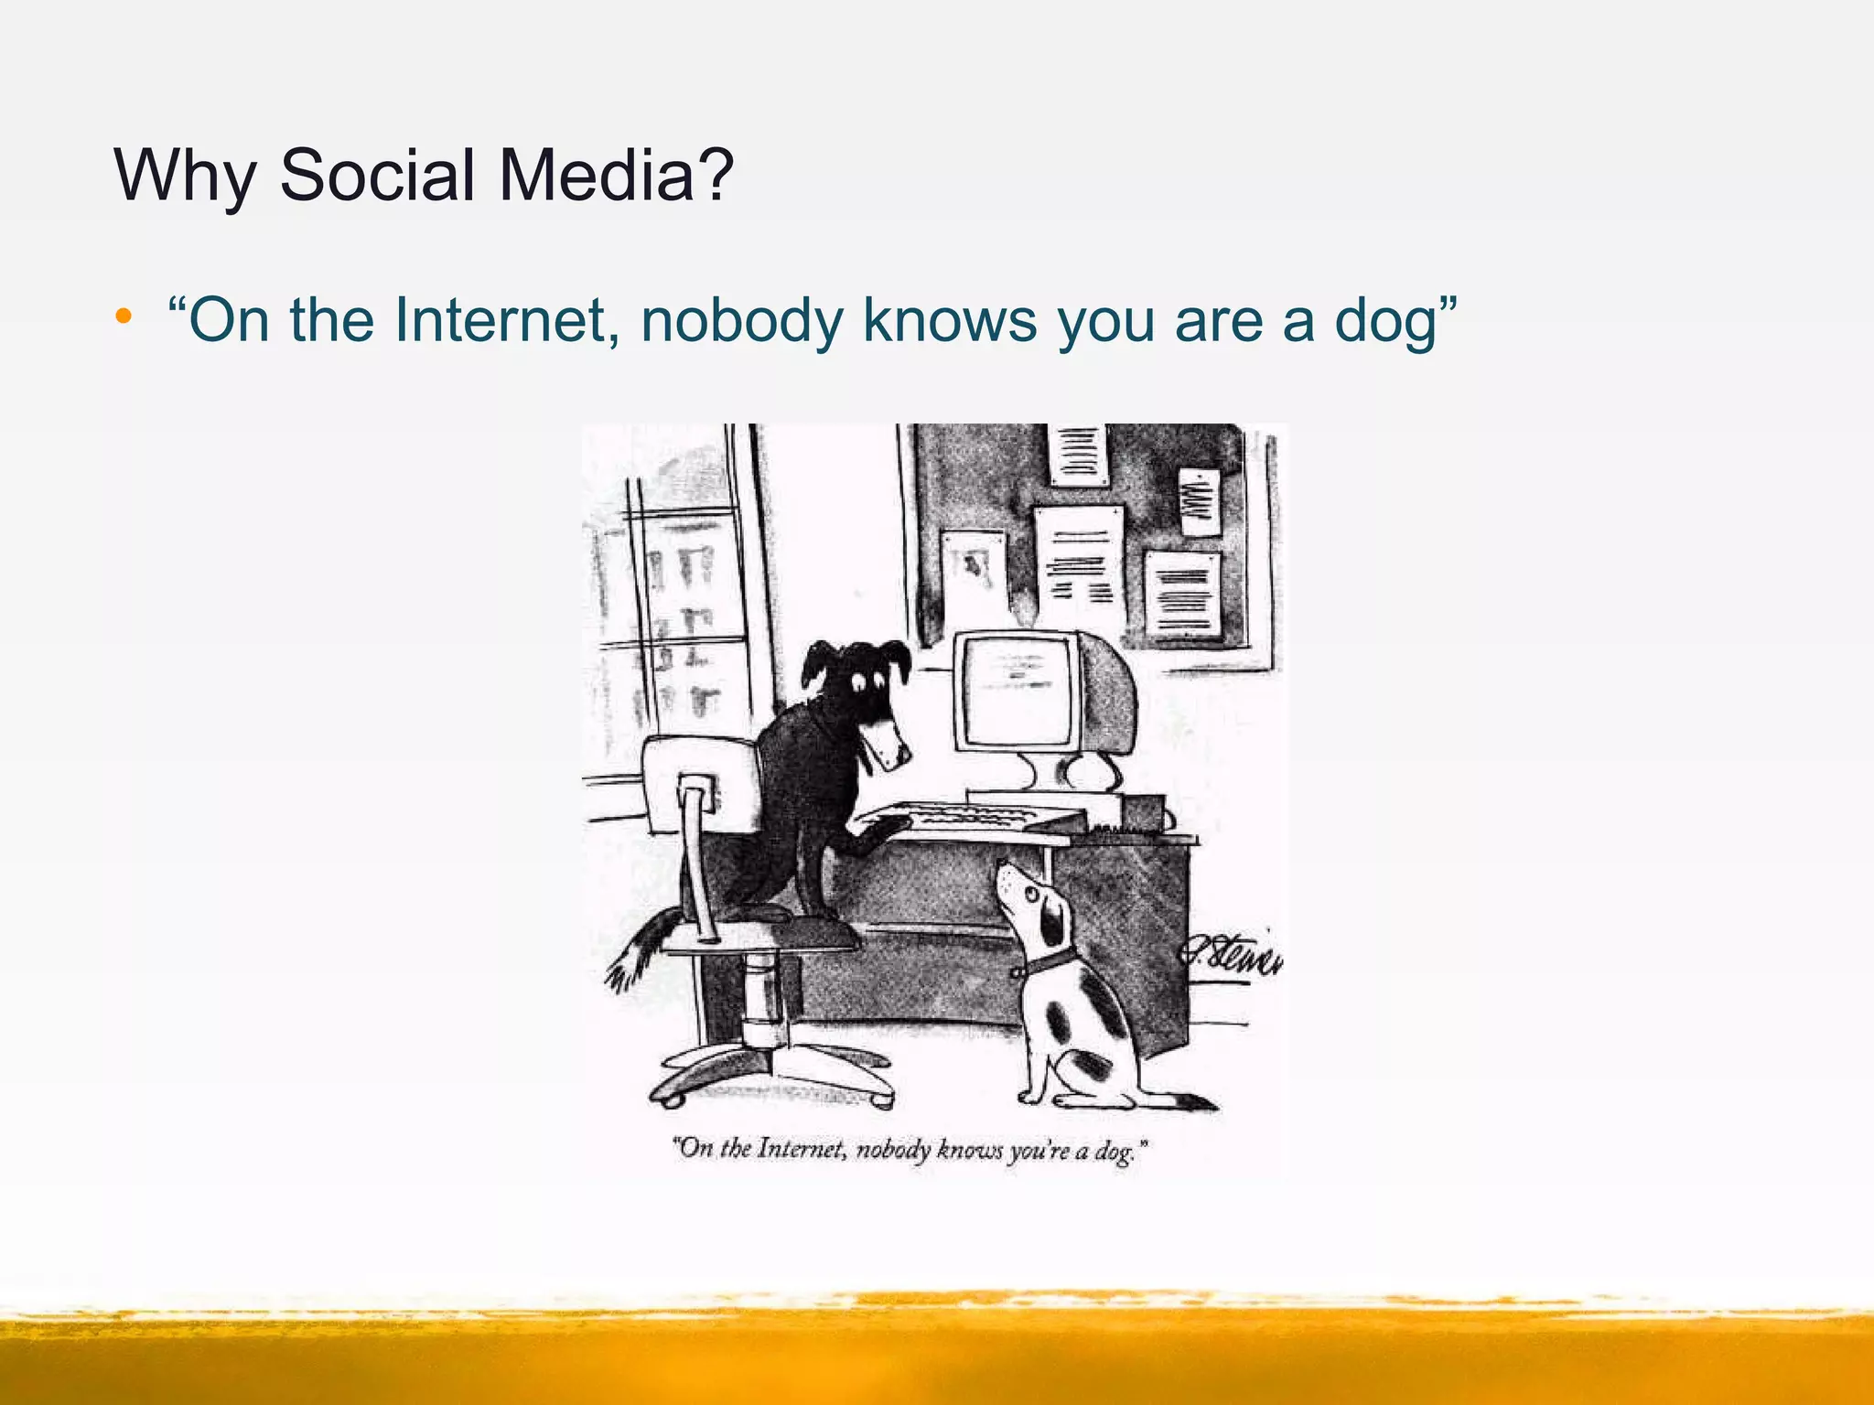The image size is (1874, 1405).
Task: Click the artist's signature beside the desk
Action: click(x=1231, y=956)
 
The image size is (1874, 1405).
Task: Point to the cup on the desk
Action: click(x=1144, y=811)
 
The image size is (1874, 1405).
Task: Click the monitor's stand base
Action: click(x=1043, y=796)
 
